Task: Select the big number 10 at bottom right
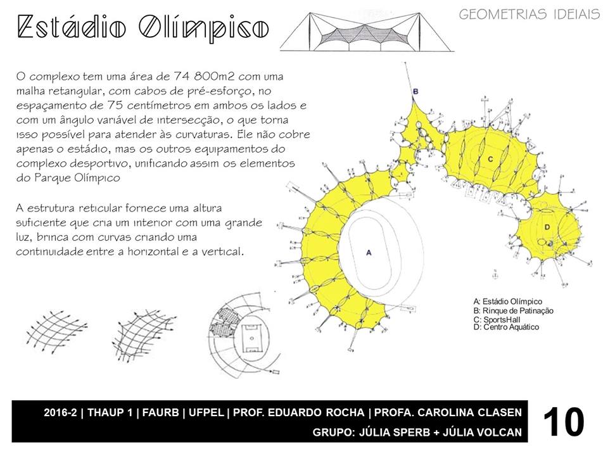[x=563, y=422]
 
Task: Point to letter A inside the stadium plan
[x=369, y=252]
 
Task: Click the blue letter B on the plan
[x=415, y=92]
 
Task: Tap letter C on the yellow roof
[x=490, y=159]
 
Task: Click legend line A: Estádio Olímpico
[x=507, y=301]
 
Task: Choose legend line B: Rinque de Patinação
[x=513, y=310]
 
